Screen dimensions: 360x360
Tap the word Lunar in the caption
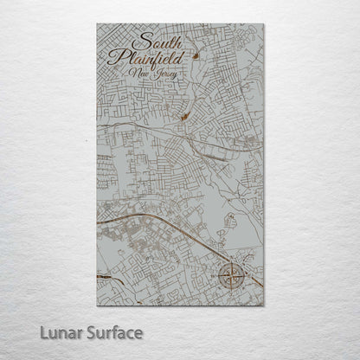57,332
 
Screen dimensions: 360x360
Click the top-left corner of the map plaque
97,24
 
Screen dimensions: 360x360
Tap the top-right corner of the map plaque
264,24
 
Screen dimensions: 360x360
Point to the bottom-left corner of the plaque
97,305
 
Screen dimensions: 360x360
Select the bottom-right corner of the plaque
264,305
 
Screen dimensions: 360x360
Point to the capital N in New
132,76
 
